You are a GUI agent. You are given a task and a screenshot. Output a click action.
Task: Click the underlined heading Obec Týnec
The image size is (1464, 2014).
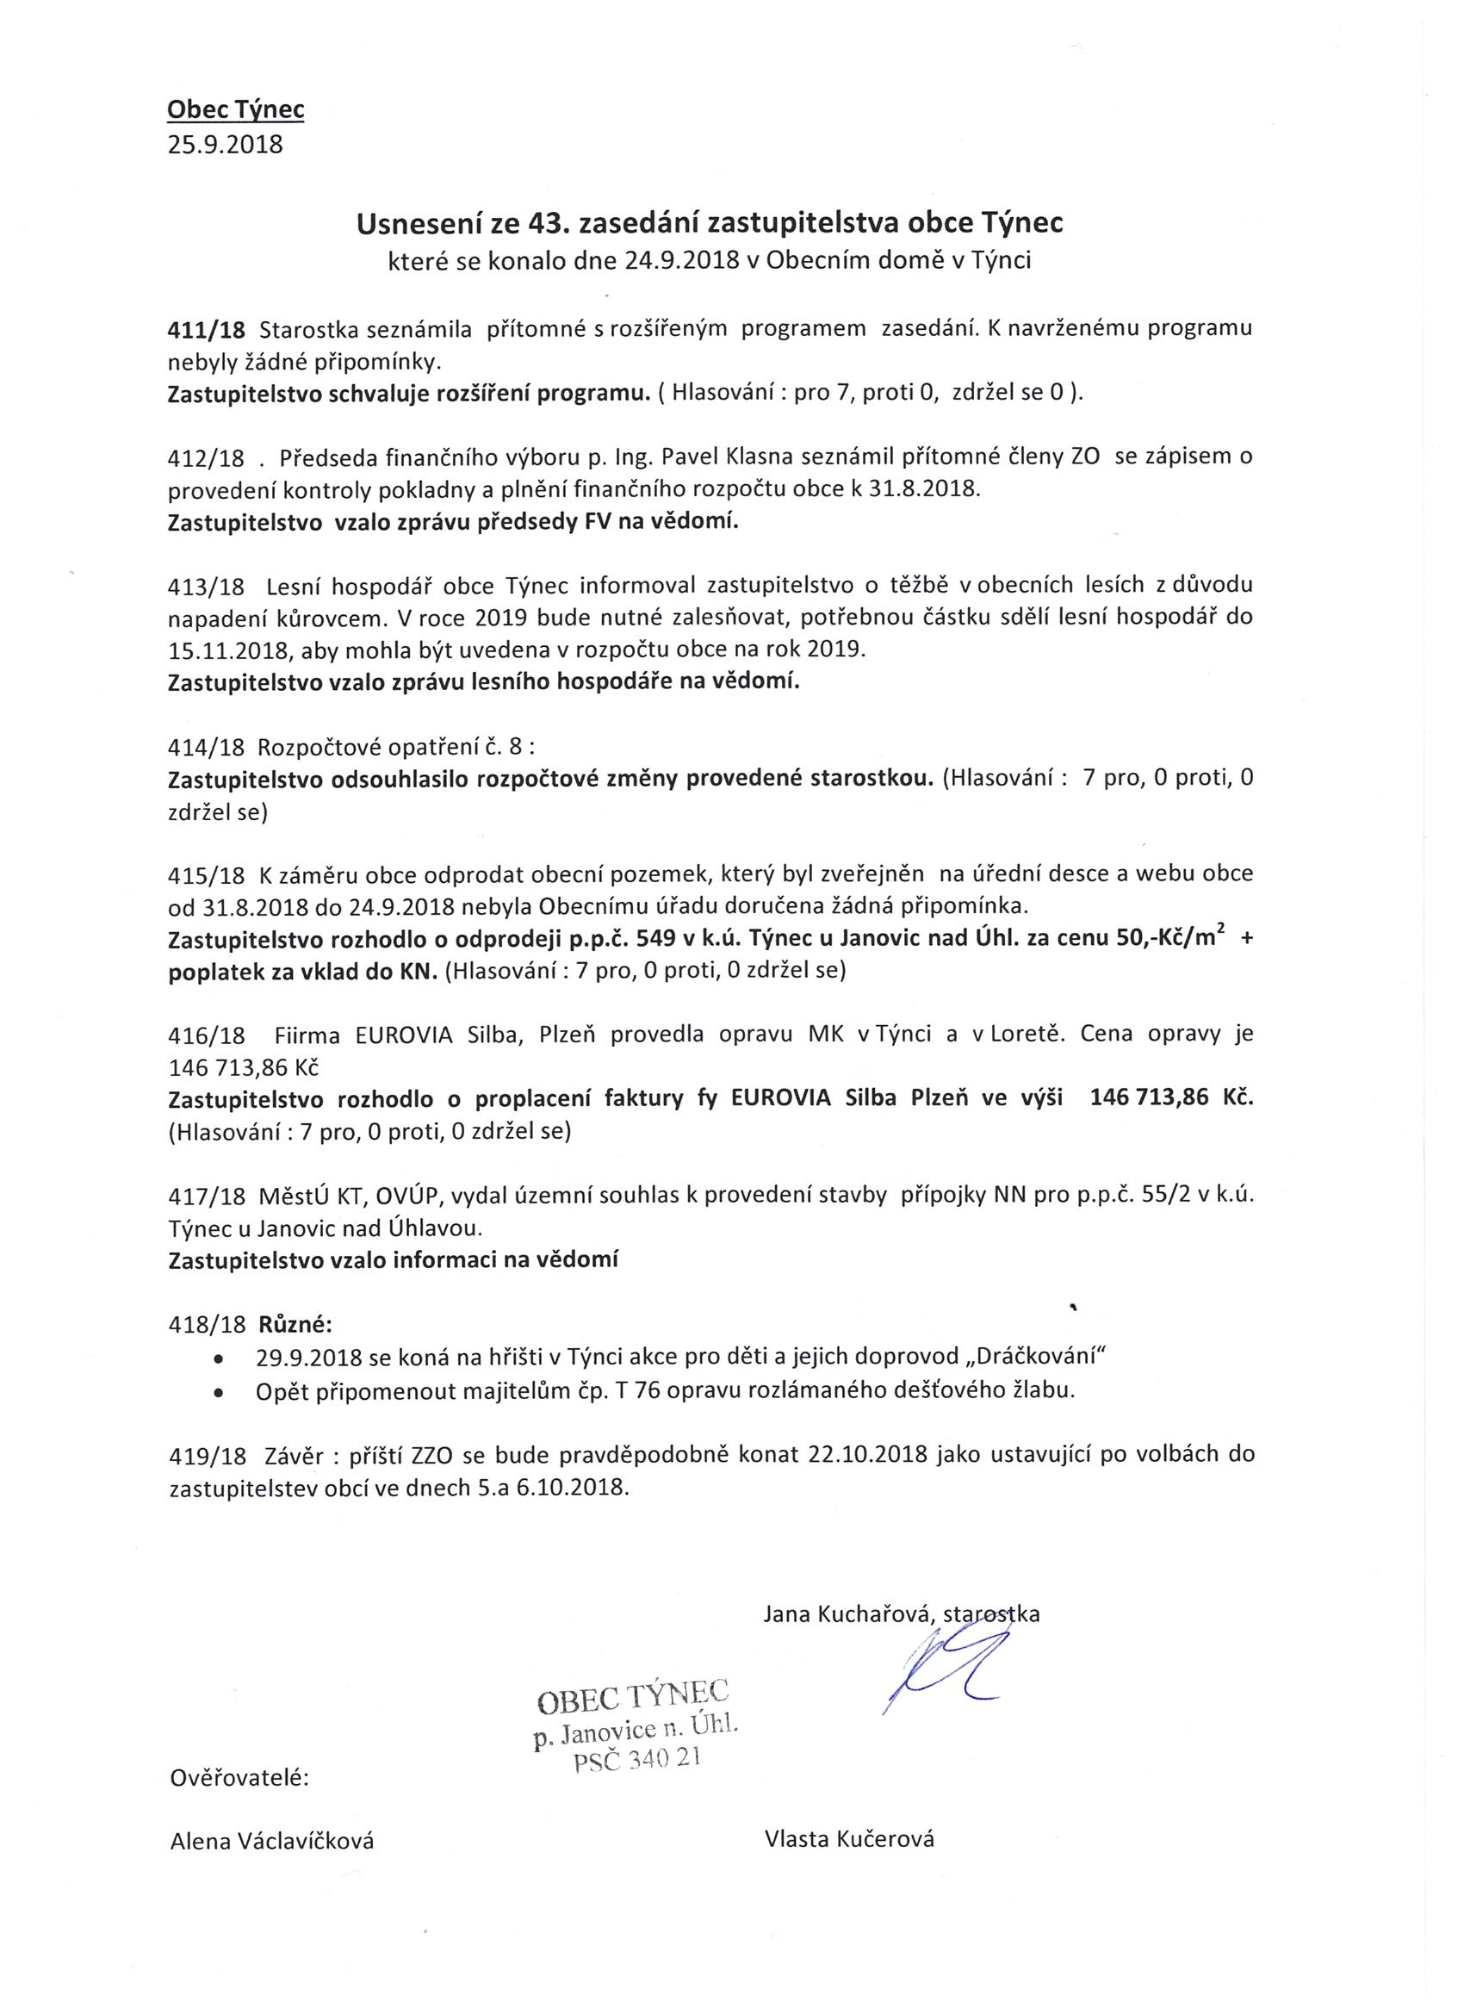click(x=235, y=109)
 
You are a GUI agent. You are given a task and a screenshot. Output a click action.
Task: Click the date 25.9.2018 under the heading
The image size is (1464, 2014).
click(x=226, y=144)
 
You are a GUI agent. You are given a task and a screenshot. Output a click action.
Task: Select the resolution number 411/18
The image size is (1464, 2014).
click(x=206, y=329)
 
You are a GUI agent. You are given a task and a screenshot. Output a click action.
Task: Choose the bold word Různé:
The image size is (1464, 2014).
click(x=295, y=1326)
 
